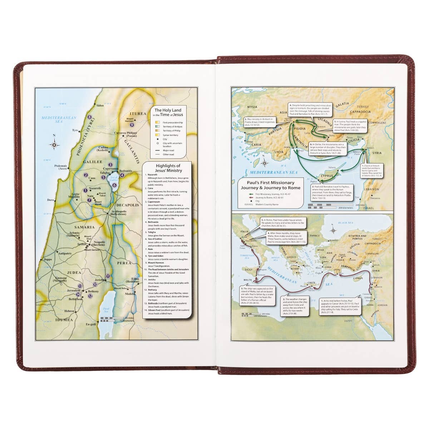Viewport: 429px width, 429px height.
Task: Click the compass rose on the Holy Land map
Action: (x=54, y=144)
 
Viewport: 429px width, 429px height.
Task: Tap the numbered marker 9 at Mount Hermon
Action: (x=132, y=125)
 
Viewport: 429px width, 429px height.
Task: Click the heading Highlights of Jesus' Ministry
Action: (x=168, y=168)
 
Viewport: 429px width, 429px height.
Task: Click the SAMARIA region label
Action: (x=84, y=227)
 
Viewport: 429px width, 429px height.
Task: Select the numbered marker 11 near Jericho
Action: (x=108, y=276)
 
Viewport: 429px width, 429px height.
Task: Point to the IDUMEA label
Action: (x=64, y=320)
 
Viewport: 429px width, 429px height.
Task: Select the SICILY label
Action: (x=249, y=270)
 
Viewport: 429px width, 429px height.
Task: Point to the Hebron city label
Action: (x=69, y=311)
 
